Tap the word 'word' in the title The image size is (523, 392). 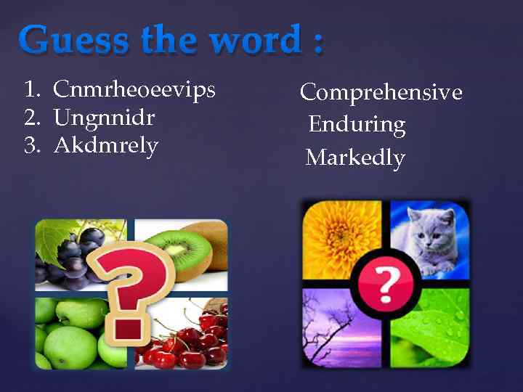click(x=252, y=40)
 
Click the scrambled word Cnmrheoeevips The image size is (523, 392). click(x=134, y=90)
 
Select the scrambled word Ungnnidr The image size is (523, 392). click(x=105, y=118)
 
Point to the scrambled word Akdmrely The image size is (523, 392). click(x=106, y=145)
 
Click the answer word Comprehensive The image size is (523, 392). click(x=381, y=93)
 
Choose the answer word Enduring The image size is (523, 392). click(x=357, y=125)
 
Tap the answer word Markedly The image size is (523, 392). click(x=355, y=157)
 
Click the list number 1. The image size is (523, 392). click(x=31, y=90)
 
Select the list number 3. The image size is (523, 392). click(x=31, y=145)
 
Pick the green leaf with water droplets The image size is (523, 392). click(x=436, y=327)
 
